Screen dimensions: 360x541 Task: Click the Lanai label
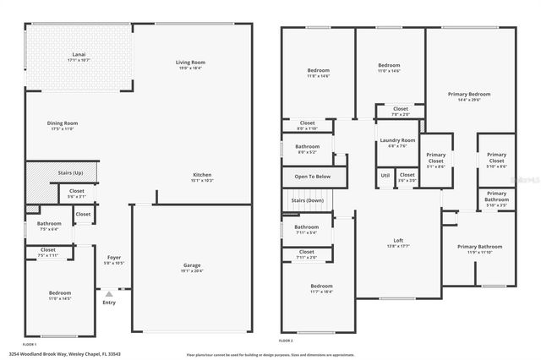click(78, 55)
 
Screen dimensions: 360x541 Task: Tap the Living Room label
click(191, 63)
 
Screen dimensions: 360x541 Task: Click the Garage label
click(193, 265)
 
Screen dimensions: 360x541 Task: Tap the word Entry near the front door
click(109, 303)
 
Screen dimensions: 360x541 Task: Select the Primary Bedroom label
click(468, 94)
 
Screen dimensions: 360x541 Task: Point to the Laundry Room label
click(396, 140)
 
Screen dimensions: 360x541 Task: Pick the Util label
click(385, 175)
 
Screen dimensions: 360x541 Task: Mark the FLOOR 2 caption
click(286, 341)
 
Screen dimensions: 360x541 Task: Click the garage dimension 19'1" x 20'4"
click(193, 270)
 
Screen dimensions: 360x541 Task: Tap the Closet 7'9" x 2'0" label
click(400, 113)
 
